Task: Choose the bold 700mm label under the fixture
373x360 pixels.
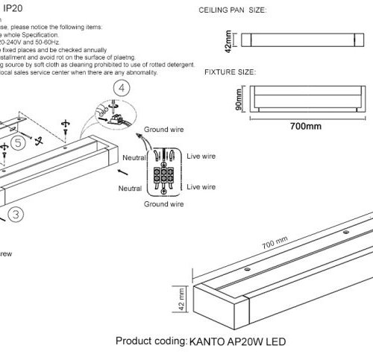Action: click(x=304, y=127)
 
